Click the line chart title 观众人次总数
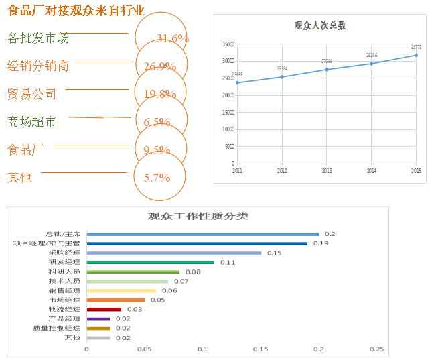(320, 26)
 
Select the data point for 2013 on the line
(327, 70)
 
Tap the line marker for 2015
(416, 55)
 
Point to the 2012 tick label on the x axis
(282, 171)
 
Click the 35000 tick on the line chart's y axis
(228, 44)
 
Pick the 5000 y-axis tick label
(230, 146)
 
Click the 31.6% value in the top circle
(172, 39)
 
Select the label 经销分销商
(38, 66)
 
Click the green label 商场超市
(31, 122)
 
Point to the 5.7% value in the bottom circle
(157, 178)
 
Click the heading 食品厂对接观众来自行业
(76, 11)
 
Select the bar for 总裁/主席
(203, 234)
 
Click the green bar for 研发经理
(151, 262)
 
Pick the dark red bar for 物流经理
(104, 309)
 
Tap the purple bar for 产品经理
(98, 318)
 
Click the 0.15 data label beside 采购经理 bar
(274, 253)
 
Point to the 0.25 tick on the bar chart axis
(377, 349)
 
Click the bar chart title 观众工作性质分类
(198, 217)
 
